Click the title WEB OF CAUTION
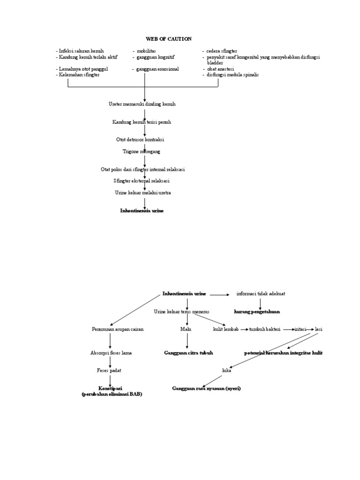pyautogui.click(x=168, y=39)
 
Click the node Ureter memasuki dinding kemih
pyautogui.click(x=142, y=104)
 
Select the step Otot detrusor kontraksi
pyautogui.click(x=140, y=140)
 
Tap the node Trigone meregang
pyautogui.click(x=141, y=151)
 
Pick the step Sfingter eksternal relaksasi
pyautogui.click(x=142, y=181)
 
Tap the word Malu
pyautogui.click(x=186, y=329)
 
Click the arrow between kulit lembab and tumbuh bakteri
pyautogui.click(x=244, y=330)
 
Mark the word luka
pyautogui.click(x=226, y=370)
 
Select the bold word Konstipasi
pyautogui.click(x=111, y=389)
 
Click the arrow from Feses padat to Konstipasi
pyautogui.click(x=110, y=380)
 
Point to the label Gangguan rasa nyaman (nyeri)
pyautogui.click(x=206, y=389)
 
